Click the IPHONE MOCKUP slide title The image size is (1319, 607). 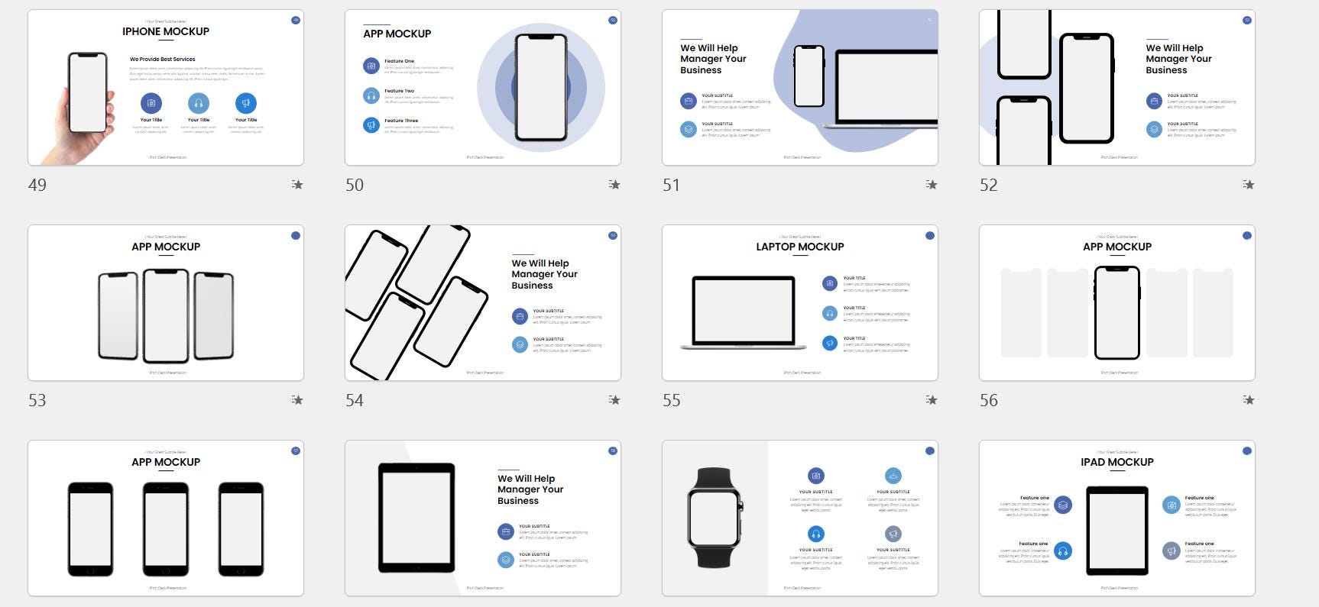click(166, 31)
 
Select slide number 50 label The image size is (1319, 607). click(355, 185)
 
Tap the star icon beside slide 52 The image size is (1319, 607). click(1248, 185)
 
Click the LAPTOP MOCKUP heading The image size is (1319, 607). click(800, 247)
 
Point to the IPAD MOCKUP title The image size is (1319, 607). click(1116, 462)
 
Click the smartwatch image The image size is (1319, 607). click(714, 517)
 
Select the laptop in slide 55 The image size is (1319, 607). click(743, 313)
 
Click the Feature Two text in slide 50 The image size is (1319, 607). click(399, 91)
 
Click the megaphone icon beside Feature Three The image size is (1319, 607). click(371, 124)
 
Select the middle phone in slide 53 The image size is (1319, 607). click(166, 315)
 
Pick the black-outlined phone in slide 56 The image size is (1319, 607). click(1116, 312)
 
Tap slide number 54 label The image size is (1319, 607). click(355, 400)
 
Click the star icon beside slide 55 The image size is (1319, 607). click(931, 400)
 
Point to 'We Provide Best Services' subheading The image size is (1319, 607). click(162, 59)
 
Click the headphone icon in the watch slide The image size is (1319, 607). click(816, 534)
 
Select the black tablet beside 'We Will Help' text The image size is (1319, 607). click(416, 517)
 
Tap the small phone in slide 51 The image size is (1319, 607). click(809, 76)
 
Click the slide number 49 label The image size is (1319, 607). click(37, 185)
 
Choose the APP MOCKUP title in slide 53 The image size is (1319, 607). click(166, 247)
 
